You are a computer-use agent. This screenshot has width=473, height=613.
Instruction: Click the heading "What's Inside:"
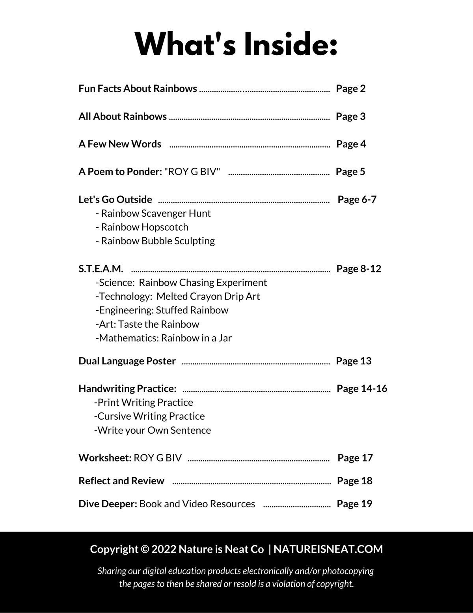pyautogui.click(x=236, y=44)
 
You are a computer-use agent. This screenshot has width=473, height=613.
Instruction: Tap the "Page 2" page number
pyautogui.click(x=350, y=88)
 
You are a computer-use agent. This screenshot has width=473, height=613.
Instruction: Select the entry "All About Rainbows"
pyautogui.click(x=123, y=116)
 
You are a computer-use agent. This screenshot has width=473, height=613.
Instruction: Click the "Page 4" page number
pyautogui.click(x=351, y=144)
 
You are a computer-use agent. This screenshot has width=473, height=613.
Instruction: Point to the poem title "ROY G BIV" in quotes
pyautogui.click(x=192, y=172)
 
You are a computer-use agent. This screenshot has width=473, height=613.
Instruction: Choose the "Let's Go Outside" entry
pyautogui.click(x=115, y=199)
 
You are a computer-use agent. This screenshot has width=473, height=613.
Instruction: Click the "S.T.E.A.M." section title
pyautogui.click(x=101, y=269)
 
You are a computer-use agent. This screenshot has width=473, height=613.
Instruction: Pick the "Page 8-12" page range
pyautogui.click(x=359, y=269)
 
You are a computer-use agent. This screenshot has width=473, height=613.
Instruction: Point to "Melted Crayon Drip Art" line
pyautogui.click(x=208, y=296)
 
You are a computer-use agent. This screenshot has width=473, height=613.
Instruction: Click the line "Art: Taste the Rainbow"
pyautogui.click(x=147, y=324)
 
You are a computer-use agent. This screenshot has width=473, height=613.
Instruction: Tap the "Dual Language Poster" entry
pyautogui.click(x=127, y=361)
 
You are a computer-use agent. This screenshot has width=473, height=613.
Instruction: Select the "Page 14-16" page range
pyautogui.click(x=362, y=389)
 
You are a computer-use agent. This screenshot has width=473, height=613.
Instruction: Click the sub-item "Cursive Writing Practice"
pyautogui.click(x=149, y=416)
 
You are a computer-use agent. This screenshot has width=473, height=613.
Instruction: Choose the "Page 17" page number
pyautogui.click(x=355, y=458)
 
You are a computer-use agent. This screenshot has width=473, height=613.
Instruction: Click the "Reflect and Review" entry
pyautogui.click(x=121, y=481)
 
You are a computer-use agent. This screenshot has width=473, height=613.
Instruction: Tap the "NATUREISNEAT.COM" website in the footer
pyautogui.click(x=328, y=549)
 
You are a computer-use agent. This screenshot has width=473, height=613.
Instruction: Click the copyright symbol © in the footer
pyautogui.click(x=145, y=549)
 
